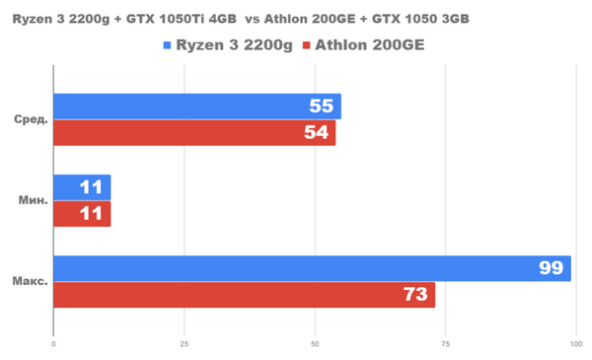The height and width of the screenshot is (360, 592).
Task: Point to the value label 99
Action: click(551, 268)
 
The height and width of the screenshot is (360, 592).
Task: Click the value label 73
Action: click(414, 294)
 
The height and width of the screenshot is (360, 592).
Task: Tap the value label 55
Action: click(322, 107)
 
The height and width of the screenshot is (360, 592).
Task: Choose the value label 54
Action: click(317, 132)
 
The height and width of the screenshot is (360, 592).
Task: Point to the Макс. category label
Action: click(30, 281)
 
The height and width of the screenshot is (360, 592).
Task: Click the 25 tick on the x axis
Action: click(184, 344)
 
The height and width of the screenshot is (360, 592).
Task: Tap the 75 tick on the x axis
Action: click(445, 344)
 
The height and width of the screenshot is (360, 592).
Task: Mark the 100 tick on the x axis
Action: click(575, 344)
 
